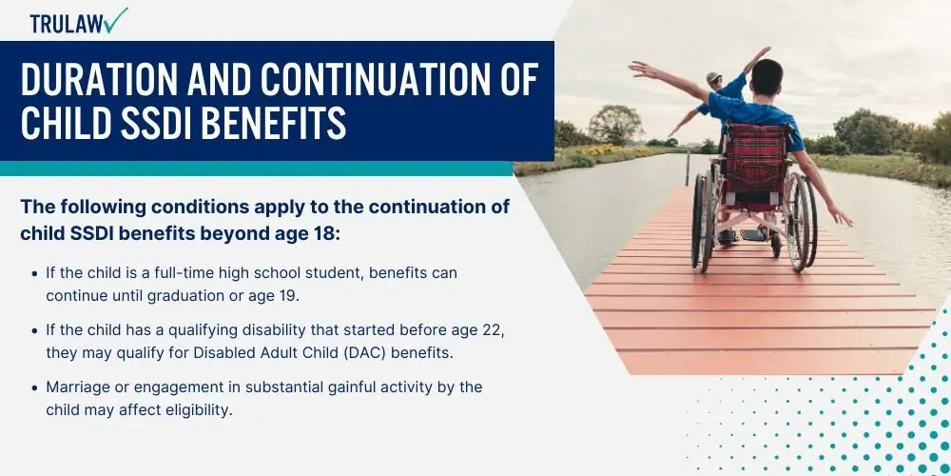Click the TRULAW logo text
pyautogui.click(x=66, y=24)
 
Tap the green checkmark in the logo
pyautogui.click(x=115, y=19)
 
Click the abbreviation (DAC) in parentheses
pyautogui.click(x=367, y=353)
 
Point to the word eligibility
pyautogui.click(x=199, y=410)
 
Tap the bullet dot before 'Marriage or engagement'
pyautogui.click(x=34, y=387)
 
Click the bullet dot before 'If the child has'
pyautogui.click(x=34, y=330)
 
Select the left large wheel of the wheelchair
pyautogui.click(x=703, y=221)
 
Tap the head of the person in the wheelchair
pyautogui.click(x=767, y=77)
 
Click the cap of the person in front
pyautogui.click(x=714, y=77)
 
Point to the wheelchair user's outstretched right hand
pyautogui.click(x=842, y=216)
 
